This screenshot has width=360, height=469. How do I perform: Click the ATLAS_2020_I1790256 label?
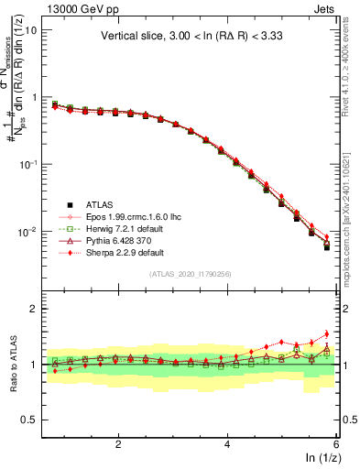[190, 274]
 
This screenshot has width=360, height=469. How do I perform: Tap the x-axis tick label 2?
[118, 445]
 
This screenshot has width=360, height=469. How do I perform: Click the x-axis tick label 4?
[227, 445]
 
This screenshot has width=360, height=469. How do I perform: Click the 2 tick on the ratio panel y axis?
[34, 309]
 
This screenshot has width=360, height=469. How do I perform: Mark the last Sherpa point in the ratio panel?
[326, 334]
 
